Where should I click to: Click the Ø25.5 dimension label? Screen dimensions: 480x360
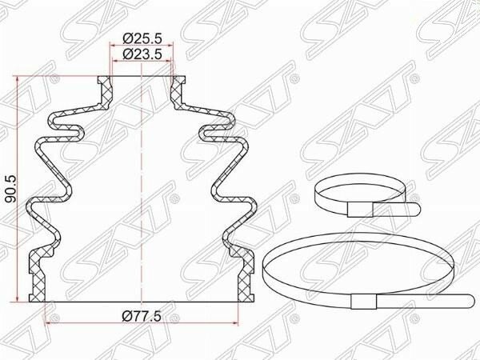(x=142, y=38)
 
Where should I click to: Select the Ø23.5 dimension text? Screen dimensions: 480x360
(x=142, y=54)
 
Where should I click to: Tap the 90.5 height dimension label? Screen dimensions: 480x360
(x=12, y=189)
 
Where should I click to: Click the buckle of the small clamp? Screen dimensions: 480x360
(x=360, y=210)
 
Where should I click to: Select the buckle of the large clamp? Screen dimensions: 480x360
(x=364, y=302)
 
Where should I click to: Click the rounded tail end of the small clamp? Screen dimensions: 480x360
(x=416, y=209)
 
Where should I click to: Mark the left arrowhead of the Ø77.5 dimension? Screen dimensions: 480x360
(x=48, y=322)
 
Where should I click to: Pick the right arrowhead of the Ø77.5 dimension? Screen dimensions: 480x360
(x=234, y=322)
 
